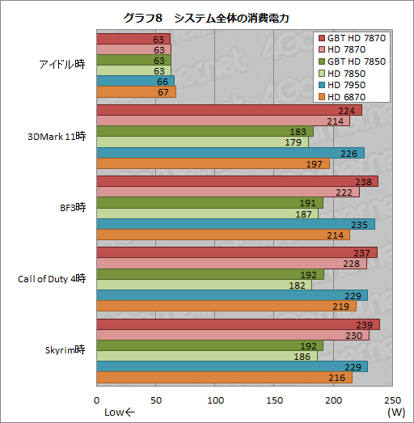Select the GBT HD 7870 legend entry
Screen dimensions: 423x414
[x=352, y=39]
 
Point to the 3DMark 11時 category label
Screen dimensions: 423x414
[x=57, y=136]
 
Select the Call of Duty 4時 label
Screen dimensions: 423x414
[x=52, y=279]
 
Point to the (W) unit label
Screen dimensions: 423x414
[x=395, y=412]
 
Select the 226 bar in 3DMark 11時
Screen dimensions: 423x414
[x=230, y=153]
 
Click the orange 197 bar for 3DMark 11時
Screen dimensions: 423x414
[x=212, y=164]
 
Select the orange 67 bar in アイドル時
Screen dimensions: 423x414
[x=136, y=92]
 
